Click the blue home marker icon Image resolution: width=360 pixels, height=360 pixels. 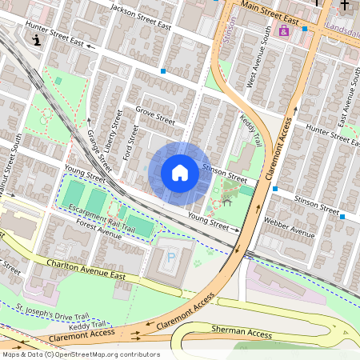click(x=180, y=173)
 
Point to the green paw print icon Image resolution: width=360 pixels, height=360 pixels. click(x=197, y=260)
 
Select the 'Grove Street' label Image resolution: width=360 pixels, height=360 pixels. click(x=154, y=115)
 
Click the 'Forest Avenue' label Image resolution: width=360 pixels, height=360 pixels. click(x=94, y=230)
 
